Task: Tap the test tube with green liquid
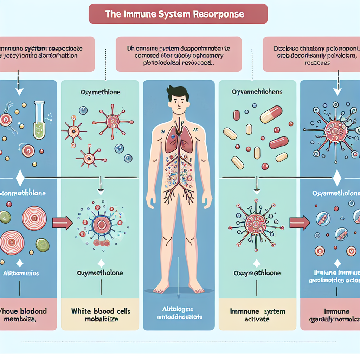click(39, 118)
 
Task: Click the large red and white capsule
click(271, 114)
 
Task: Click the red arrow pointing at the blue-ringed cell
click(62, 222)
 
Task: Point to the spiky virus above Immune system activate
click(256, 223)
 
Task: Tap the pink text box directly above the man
click(179, 54)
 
